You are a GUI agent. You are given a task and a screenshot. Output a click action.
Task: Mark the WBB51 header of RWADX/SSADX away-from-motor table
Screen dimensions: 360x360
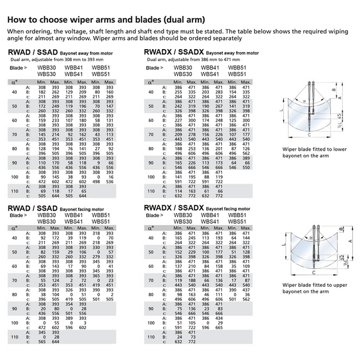click(x=236, y=68)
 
